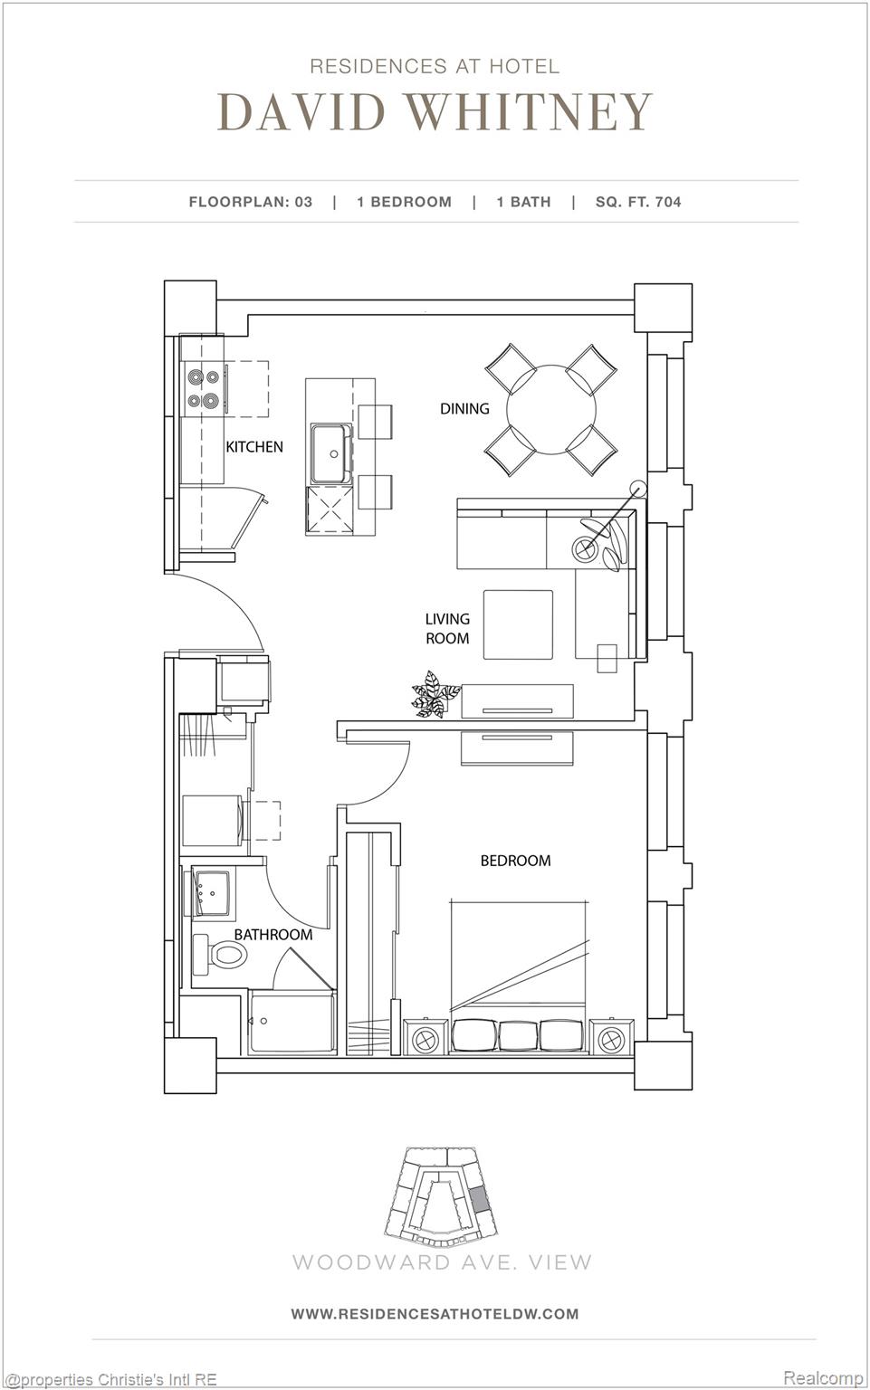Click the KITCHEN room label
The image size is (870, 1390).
point(254,446)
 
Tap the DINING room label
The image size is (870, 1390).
point(464,408)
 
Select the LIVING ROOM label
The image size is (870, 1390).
point(447,628)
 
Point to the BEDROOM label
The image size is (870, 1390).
point(515,860)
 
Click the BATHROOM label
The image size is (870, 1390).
point(272,934)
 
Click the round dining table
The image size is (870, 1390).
point(551,410)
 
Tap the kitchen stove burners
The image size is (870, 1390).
point(203,387)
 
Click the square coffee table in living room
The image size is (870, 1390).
point(518,624)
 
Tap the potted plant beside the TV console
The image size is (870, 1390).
point(433,695)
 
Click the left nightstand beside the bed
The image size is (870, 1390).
point(425,1037)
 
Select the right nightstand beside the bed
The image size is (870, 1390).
point(612,1037)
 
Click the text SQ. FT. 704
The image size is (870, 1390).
point(638,202)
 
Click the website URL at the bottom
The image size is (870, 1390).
point(435,1313)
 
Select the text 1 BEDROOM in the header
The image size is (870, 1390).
point(404,202)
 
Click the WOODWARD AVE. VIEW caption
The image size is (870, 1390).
point(442,1262)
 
